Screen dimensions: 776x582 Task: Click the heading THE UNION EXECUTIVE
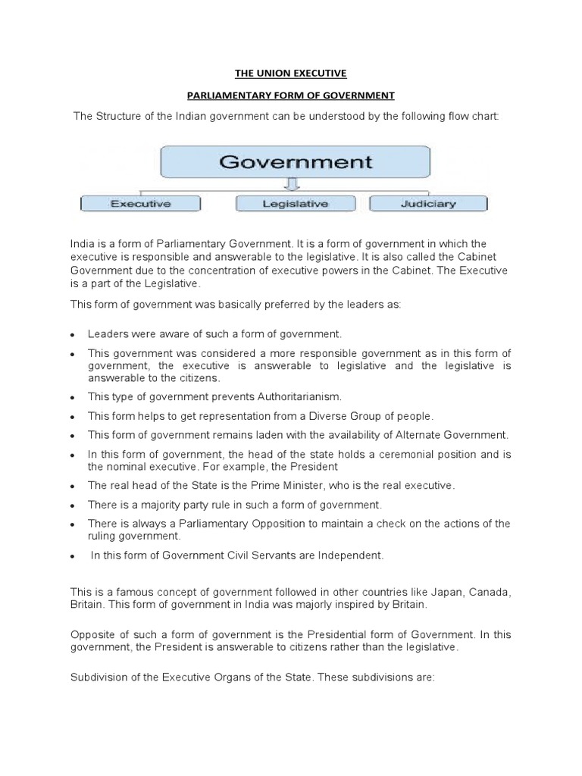291,74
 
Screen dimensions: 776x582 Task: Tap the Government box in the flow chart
296,161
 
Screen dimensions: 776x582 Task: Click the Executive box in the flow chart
141,203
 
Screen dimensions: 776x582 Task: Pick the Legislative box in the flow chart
295,203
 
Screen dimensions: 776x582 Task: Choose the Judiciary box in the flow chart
428,203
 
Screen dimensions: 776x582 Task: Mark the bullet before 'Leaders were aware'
70,333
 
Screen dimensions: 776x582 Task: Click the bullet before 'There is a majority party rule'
70,505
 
